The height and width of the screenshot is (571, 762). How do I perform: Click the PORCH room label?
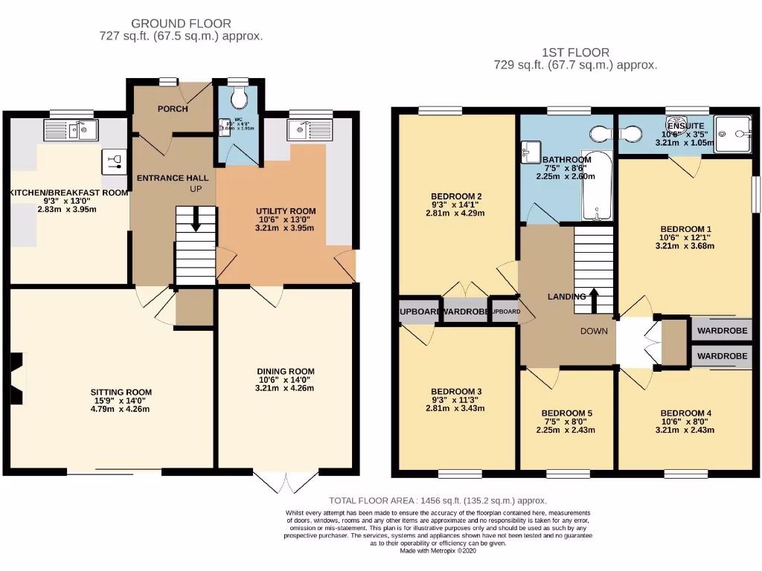click(x=172, y=109)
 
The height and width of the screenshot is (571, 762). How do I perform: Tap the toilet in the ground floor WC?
click(x=238, y=96)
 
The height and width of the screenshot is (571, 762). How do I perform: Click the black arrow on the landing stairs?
click(x=593, y=295)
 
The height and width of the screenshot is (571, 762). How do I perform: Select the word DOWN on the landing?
click(x=595, y=332)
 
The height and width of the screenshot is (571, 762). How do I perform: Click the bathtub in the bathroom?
click(x=596, y=192)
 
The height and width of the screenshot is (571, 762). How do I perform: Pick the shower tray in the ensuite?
click(x=736, y=134)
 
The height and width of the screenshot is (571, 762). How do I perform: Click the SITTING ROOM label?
click(x=121, y=392)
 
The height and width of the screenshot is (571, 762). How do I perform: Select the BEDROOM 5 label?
click(x=566, y=413)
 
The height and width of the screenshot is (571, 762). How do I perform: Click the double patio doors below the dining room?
click(x=285, y=481)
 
